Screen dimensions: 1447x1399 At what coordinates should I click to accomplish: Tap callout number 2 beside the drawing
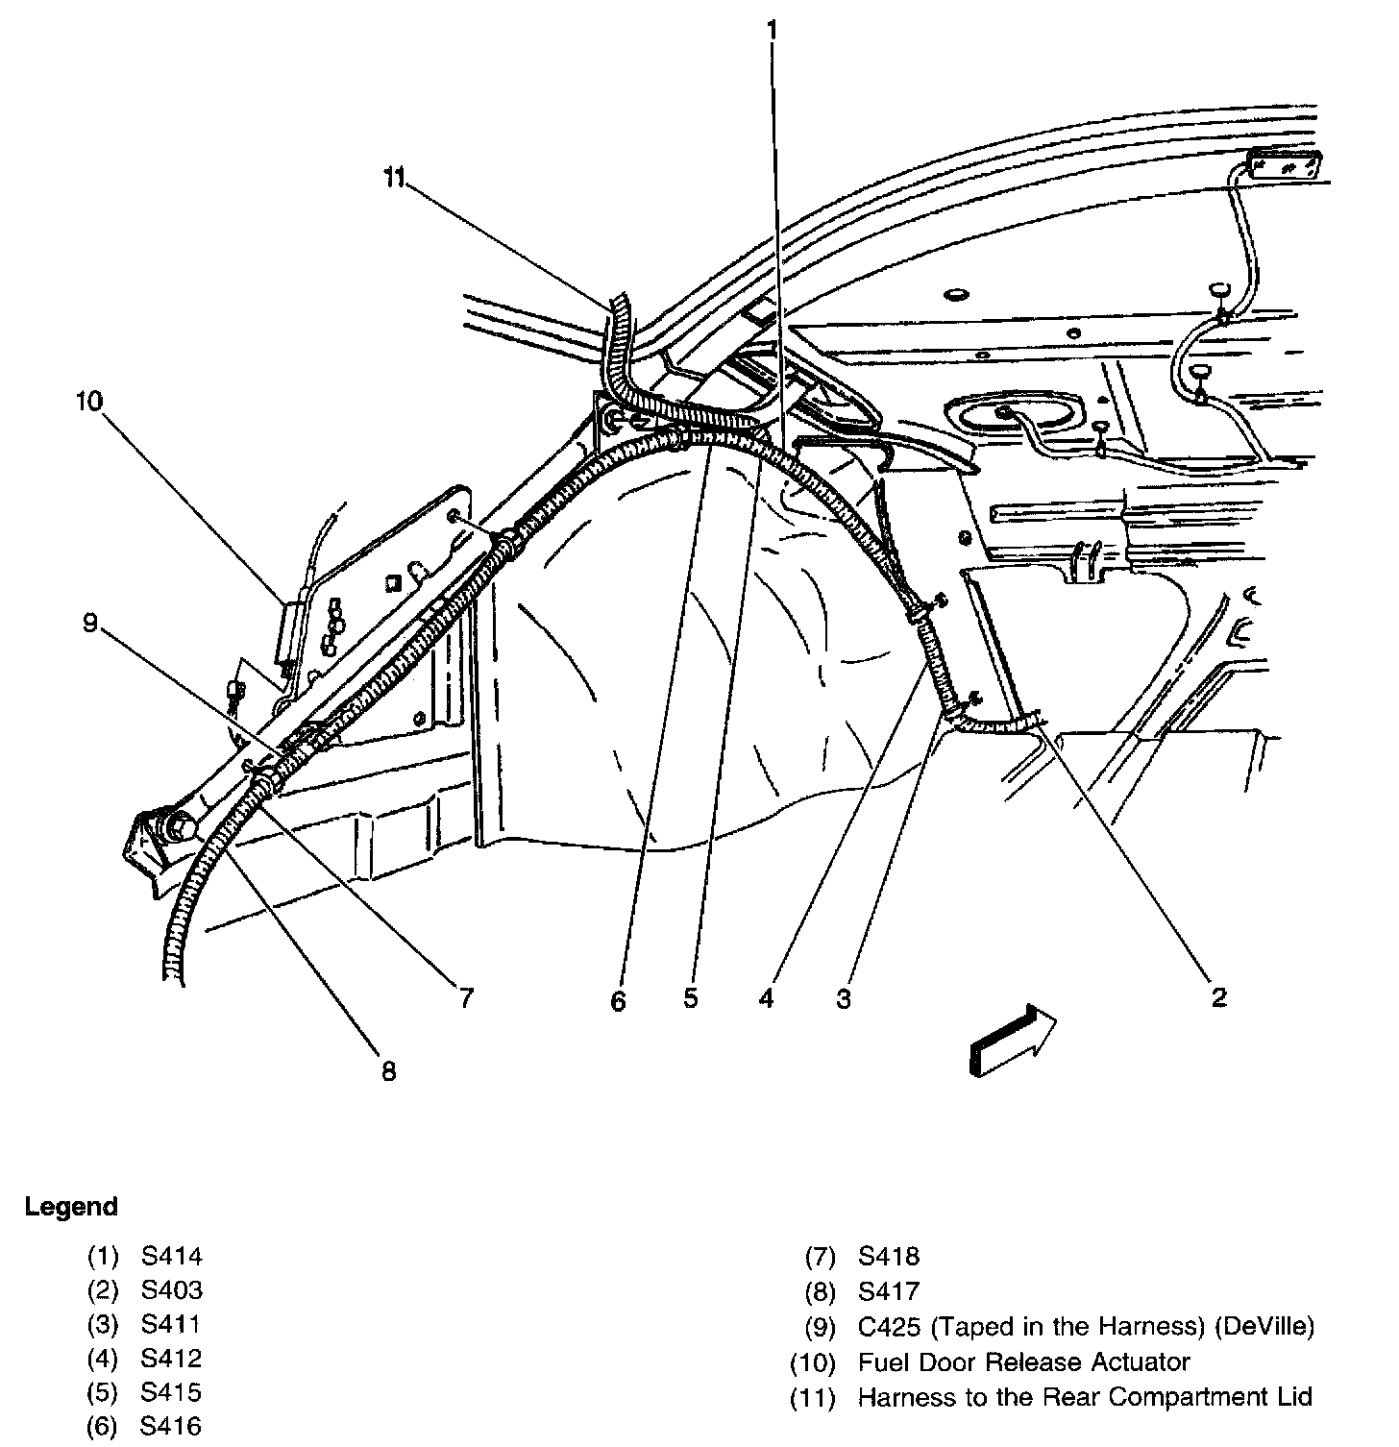point(1218,997)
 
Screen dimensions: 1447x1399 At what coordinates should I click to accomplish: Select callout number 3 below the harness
point(843,999)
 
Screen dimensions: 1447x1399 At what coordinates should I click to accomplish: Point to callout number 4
point(766,999)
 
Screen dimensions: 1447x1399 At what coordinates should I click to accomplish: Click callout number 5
point(691,999)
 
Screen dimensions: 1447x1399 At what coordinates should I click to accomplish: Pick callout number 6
point(618,1001)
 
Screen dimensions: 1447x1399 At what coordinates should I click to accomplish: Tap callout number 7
point(466,999)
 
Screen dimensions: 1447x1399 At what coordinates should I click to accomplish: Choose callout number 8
point(388,1070)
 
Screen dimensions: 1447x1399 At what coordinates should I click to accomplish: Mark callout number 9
point(89,624)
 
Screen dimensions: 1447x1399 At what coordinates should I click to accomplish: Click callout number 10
point(89,401)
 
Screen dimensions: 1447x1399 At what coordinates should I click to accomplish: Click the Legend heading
point(71,1207)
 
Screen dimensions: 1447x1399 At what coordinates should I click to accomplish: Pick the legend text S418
point(889,1256)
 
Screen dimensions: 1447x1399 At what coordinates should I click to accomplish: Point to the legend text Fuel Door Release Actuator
point(1023,1362)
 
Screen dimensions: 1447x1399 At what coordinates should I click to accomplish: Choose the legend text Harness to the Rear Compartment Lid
point(1085,1397)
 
